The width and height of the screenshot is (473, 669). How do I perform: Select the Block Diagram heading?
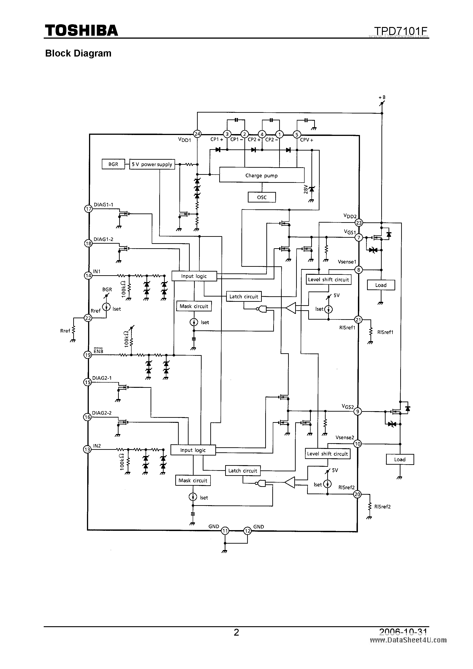click(78, 53)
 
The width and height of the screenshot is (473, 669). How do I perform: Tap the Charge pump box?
click(261, 175)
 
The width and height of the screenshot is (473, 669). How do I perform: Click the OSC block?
click(261, 197)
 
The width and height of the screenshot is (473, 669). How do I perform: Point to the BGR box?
click(113, 164)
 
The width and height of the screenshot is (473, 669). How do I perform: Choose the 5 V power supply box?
click(152, 164)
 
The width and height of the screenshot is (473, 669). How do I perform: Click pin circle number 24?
click(197, 134)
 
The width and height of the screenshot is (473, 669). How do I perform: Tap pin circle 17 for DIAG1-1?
click(88, 209)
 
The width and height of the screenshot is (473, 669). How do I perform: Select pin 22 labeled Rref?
click(88, 318)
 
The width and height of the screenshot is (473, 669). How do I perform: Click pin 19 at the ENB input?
click(88, 355)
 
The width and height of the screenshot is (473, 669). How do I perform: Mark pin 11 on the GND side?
click(225, 531)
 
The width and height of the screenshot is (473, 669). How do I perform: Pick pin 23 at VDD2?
click(358, 223)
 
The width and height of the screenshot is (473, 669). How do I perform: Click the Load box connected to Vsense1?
click(381, 285)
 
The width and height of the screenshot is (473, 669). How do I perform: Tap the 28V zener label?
click(305, 189)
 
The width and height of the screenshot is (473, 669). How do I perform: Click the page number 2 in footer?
click(236, 632)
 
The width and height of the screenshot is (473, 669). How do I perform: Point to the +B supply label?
click(382, 97)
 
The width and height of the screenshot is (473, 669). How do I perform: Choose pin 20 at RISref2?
click(357, 494)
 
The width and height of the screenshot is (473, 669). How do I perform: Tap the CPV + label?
click(307, 140)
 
